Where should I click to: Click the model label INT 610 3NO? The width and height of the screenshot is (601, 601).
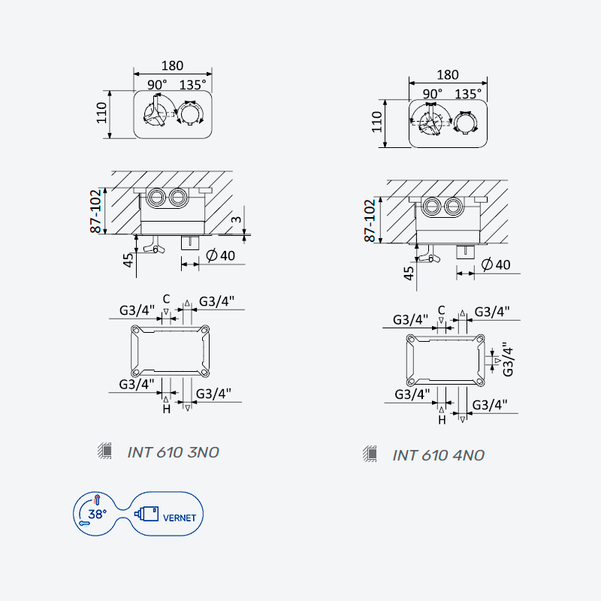coord(173,452)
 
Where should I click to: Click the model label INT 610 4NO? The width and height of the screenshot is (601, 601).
coord(438,455)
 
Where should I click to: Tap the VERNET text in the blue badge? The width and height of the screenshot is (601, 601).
coord(180,518)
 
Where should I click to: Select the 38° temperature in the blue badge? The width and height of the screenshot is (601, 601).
coord(98,514)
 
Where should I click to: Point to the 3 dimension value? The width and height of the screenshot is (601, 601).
coord(237,219)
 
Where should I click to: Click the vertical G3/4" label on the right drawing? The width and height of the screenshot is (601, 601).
coord(508,360)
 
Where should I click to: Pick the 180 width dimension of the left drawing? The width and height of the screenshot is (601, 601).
coord(172,65)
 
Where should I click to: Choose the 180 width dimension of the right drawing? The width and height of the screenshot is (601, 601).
coord(448,74)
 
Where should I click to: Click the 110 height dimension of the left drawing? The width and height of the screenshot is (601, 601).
coord(101,113)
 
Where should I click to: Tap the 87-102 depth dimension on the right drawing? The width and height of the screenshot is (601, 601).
coord(370,221)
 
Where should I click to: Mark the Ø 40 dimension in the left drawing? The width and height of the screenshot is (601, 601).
coord(220,255)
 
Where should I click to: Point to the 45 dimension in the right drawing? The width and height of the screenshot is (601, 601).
coord(409,273)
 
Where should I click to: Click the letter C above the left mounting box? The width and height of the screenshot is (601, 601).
coord(166,299)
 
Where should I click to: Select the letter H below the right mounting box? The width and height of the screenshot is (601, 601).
coord(442,420)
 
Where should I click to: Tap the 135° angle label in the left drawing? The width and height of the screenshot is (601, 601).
coord(192,85)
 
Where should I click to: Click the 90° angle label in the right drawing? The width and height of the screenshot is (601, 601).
coord(433,94)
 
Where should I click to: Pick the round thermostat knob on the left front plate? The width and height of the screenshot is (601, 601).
coord(191,114)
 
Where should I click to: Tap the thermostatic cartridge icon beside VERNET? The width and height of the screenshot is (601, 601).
coord(146,514)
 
